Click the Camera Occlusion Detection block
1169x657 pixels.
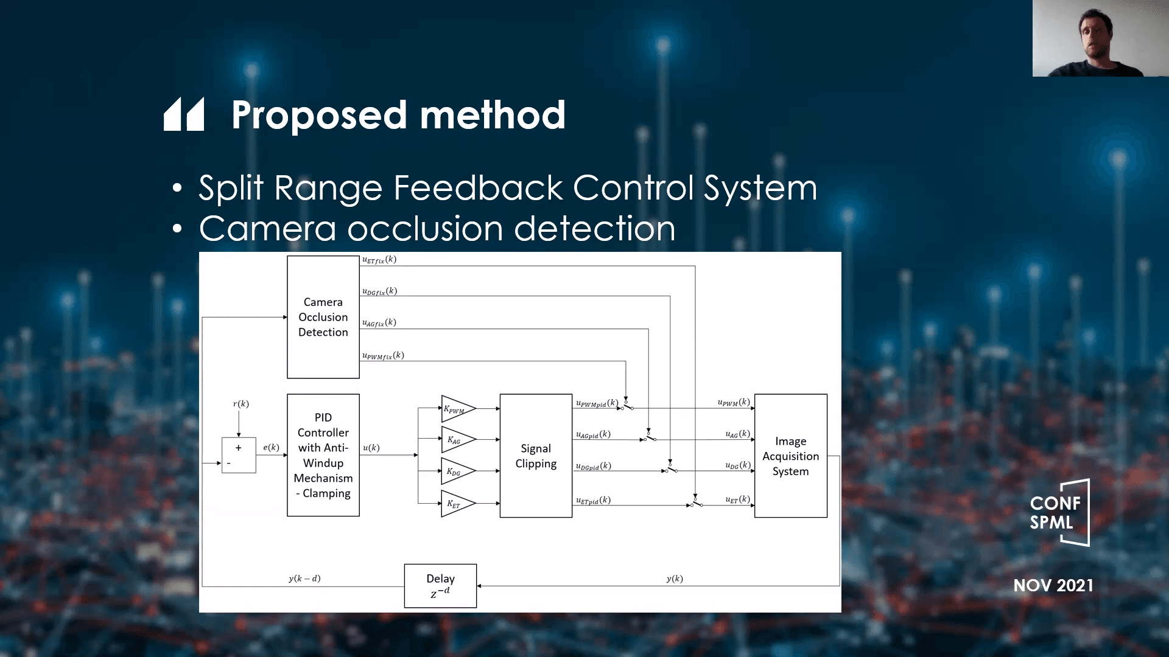point(323,317)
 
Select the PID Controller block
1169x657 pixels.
point(323,455)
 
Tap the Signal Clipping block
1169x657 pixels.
point(535,456)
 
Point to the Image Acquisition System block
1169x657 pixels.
point(790,456)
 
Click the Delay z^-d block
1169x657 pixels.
point(440,585)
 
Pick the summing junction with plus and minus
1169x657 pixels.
point(238,455)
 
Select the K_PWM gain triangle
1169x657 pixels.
point(457,409)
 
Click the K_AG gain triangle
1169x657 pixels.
point(457,440)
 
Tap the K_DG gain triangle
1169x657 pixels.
point(457,471)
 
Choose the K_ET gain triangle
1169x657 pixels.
point(457,504)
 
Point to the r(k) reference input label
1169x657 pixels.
point(240,404)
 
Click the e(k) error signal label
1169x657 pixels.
point(271,448)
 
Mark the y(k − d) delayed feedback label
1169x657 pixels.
point(304,579)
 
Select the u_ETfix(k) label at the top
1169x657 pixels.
point(379,260)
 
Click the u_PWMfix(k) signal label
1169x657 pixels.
point(383,356)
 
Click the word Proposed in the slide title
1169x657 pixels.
point(319,115)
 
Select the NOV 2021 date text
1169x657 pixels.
point(1053,585)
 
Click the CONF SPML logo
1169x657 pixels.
point(1058,512)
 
